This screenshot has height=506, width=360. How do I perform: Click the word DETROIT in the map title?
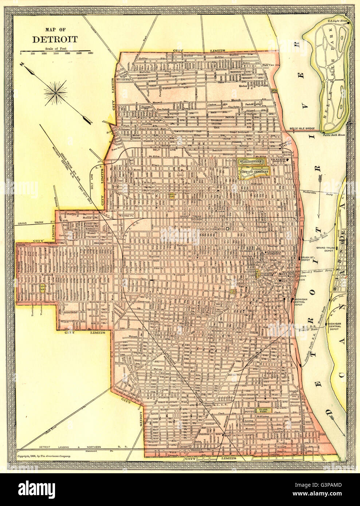click(55, 39)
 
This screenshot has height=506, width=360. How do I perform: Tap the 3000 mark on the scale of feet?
click(90, 53)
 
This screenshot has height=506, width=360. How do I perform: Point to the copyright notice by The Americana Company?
click(44, 456)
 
